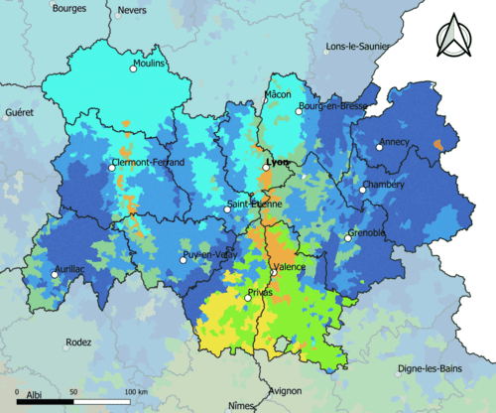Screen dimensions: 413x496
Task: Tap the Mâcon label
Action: [x=278, y=94]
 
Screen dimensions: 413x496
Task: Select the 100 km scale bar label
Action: [x=136, y=393]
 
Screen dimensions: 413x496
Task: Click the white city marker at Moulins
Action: [x=134, y=69]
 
